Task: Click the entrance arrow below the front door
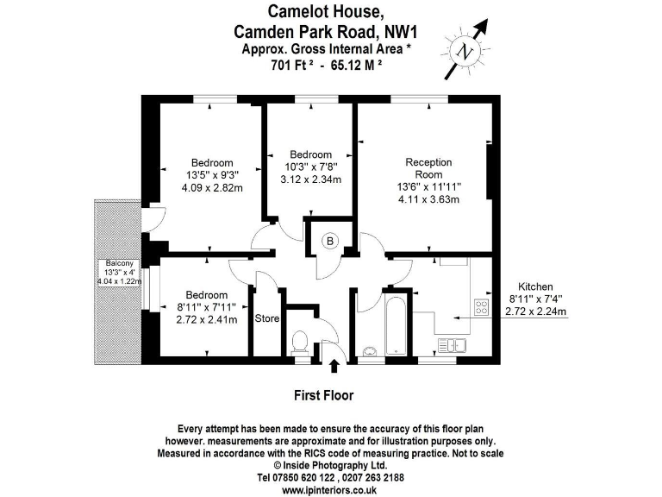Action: coord(334,368)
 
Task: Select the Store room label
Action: coord(267,318)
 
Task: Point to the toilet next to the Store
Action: coord(301,343)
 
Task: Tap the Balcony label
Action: coord(117,263)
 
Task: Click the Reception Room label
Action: coord(428,168)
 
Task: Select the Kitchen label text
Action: coord(534,286)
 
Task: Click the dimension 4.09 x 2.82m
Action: coord(211,187)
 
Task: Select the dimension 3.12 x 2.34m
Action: coord(310,179)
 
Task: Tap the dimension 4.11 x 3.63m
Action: coord(428,199)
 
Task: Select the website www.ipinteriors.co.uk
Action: coord(330,489)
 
